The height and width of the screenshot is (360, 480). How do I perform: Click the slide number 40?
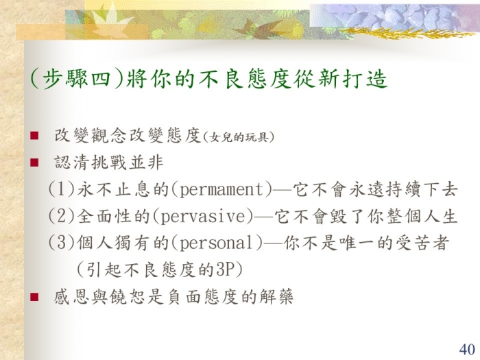(467, 350)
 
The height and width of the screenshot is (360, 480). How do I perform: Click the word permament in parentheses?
(221, 189)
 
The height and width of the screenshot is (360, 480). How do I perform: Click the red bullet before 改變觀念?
(34, 136)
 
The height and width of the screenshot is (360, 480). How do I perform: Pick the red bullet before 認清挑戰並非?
(34, 163)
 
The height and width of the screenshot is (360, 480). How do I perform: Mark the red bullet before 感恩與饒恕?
(34, 297)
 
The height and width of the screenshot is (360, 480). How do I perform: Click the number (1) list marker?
(62, 189)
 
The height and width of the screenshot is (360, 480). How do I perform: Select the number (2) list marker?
(62, 216)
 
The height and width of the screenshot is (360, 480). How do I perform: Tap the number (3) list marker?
(62, 243)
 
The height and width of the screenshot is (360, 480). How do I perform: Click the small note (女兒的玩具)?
(238, 137)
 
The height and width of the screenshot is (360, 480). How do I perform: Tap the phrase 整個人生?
(422, 217)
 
